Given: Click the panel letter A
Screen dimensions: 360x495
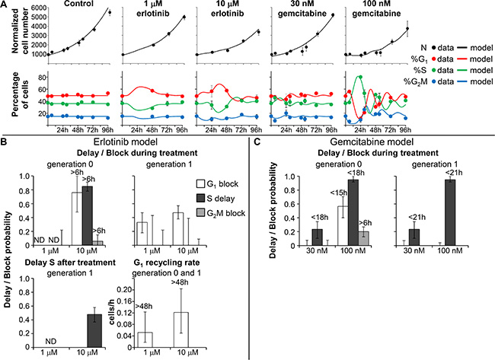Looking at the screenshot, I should (x=5, y=5).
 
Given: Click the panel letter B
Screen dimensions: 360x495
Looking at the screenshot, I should (x=5, y=142).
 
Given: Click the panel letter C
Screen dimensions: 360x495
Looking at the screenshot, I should (x=258, y=142).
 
